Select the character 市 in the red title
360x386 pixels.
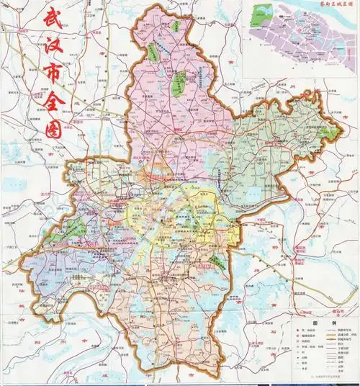pos(53,75)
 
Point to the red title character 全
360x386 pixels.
pos(53,104)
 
